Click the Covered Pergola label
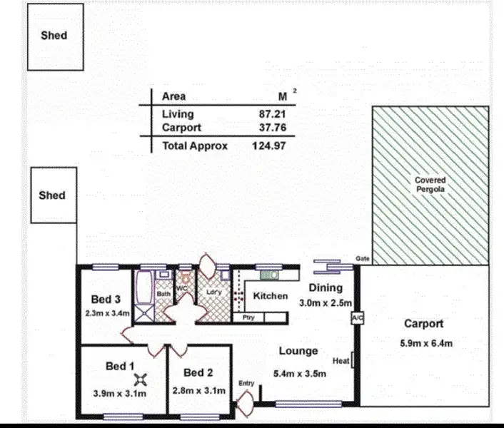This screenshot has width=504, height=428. point(430,185)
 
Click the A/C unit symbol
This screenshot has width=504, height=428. point(358,317)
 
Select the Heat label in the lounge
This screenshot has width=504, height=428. point(341,361)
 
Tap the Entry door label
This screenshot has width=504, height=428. point(246,384)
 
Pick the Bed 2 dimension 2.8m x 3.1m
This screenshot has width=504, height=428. point(199,390)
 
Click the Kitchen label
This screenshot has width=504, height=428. point(271,295)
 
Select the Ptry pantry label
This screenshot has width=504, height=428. point(249,317)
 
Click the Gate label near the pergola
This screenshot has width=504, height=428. point(362,259)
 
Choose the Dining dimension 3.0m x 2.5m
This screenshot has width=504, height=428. point(326,302)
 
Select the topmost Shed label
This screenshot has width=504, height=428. point(54,35)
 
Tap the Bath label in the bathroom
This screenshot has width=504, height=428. point(163,293)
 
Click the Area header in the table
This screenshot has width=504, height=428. point(173,96)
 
